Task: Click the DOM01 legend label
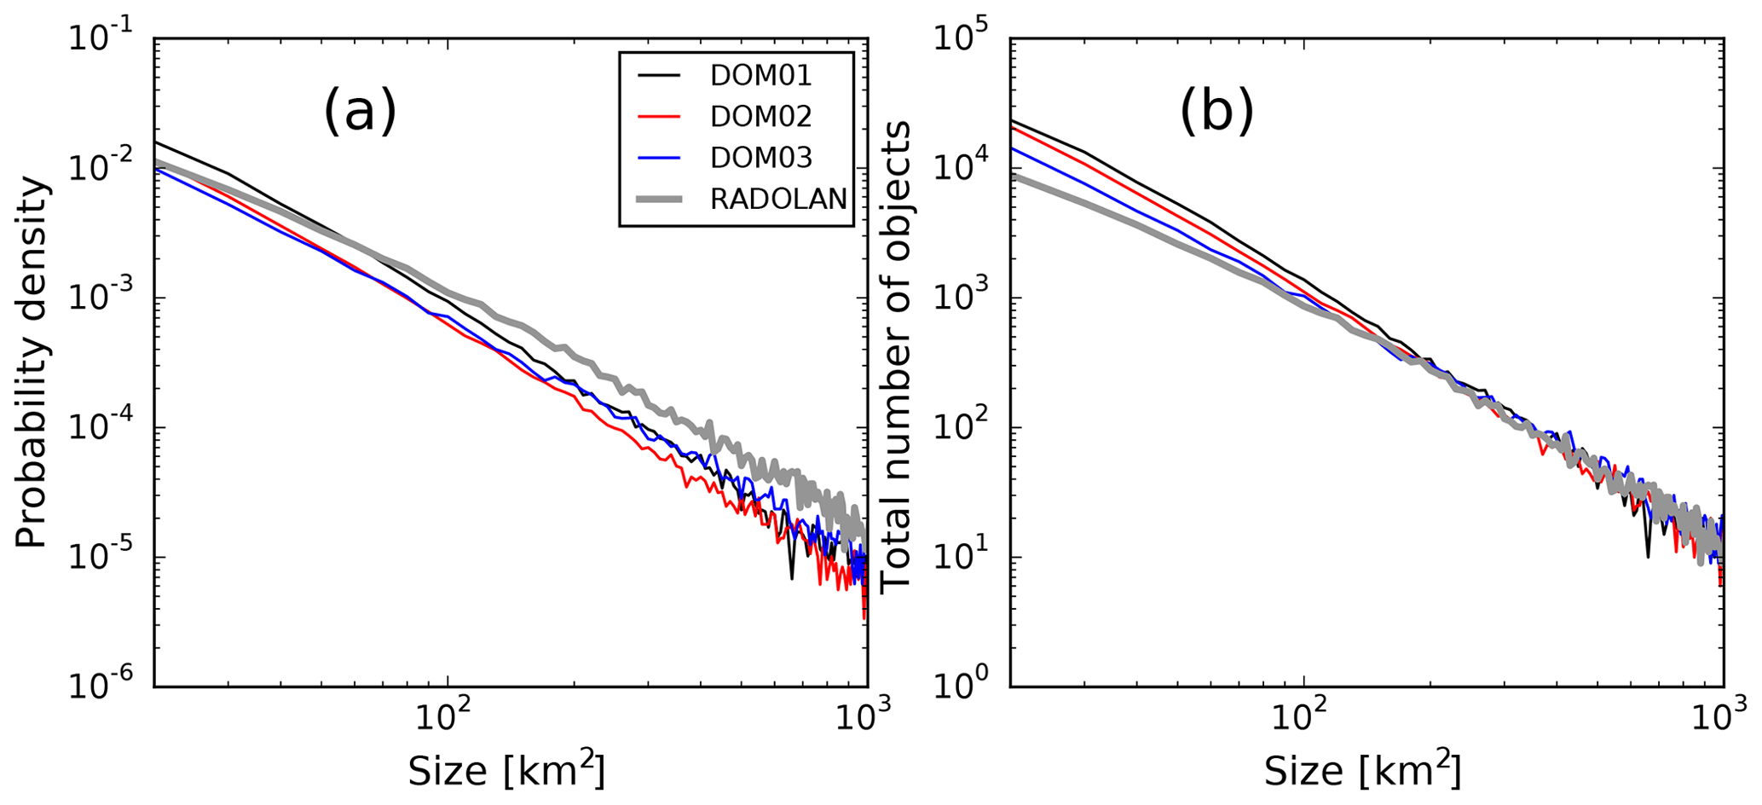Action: tap(760, 76)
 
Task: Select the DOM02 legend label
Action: tap(760, 117)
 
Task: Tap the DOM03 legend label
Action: tap(760, 158)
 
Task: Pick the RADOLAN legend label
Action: tap(778, 199)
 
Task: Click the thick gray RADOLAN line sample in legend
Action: tap(660, 199)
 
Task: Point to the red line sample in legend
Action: tap(660, 117)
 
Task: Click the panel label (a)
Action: tap(360, 112)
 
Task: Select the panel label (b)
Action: tap(1216, 112)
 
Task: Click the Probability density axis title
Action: tap(32, 362)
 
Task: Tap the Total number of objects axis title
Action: tap(896, 357)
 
